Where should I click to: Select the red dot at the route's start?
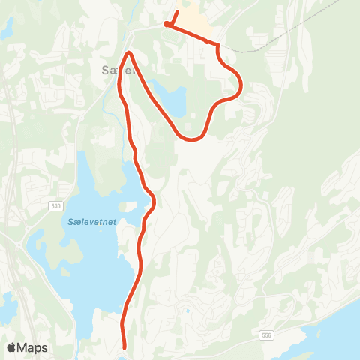click(x=166, y=25)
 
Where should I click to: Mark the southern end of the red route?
click(x=124, y=346)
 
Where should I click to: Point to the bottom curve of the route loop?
click(x=193, y=139)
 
